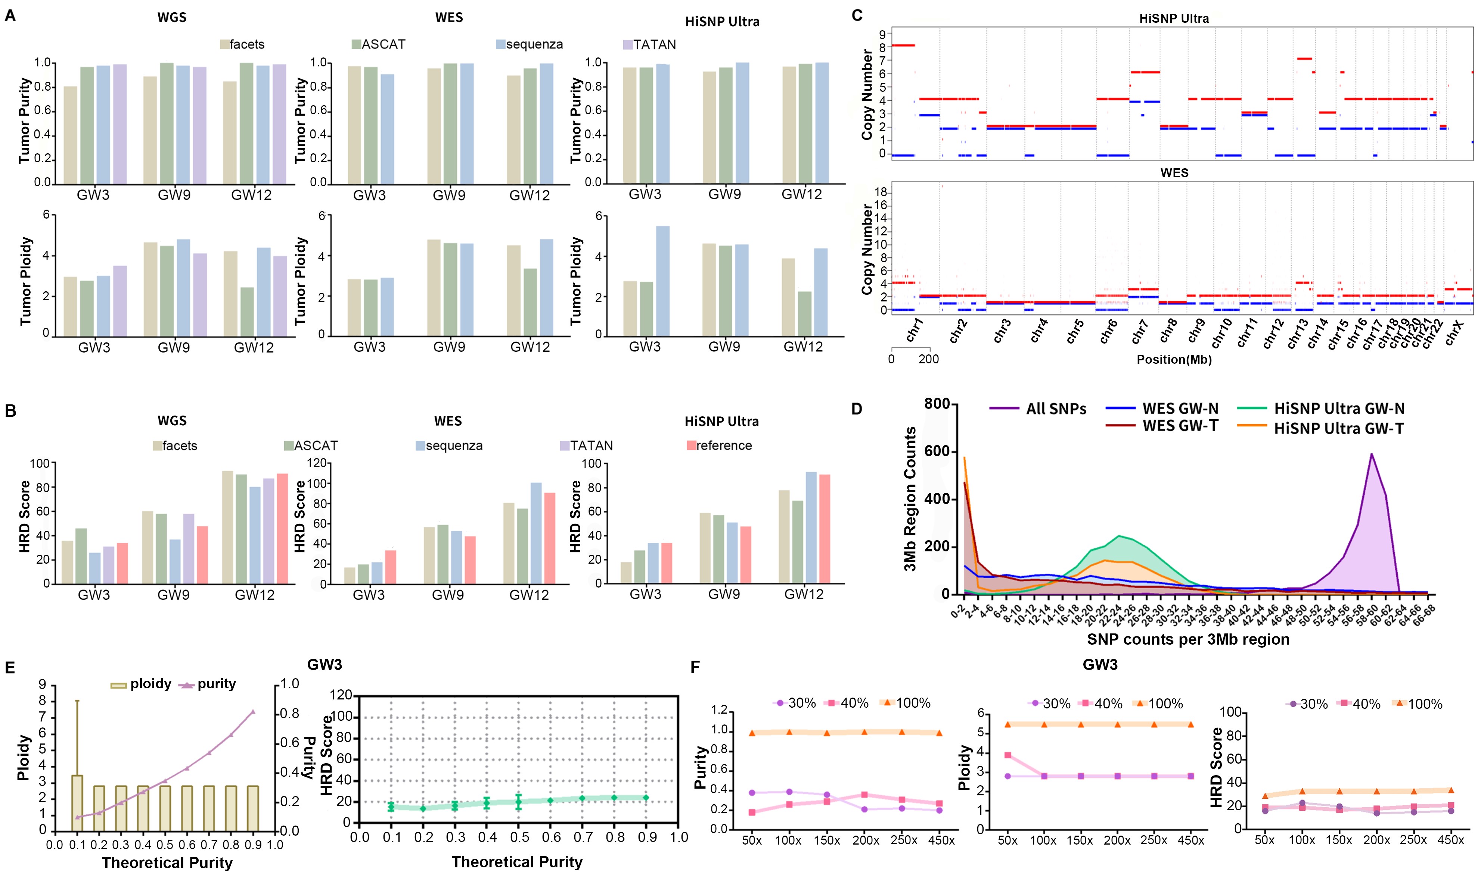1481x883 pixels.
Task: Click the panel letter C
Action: (857, 15)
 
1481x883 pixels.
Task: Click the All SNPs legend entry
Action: (1055, 409)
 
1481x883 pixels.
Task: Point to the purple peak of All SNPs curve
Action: (1372, 455)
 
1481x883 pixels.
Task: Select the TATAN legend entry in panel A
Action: (654, 45)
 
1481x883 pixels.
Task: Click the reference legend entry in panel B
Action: (724, 446)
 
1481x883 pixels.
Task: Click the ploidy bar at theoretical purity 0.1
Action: (77, 803)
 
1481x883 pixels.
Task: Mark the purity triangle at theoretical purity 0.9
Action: (253, 712)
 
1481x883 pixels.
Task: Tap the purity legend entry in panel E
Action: (216, 684)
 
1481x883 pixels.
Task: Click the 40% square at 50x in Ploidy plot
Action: (1007, 755)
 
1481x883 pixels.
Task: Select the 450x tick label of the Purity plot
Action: (941, 840)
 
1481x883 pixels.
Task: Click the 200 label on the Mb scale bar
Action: (928, 359)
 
